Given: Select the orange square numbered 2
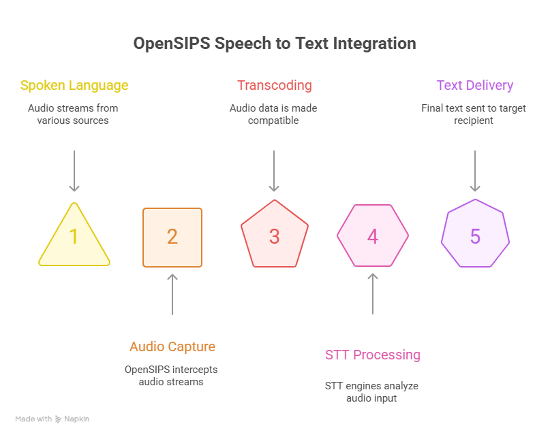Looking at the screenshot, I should [x=172, y=237].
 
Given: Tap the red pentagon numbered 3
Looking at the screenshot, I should [x=274, y=236].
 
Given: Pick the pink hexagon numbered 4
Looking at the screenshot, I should [x=373, y=236].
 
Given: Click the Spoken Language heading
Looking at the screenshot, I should [x=74, y=86].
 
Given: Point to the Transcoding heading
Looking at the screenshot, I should [x=274, y=86].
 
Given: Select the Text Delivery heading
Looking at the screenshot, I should [x=474, y=86].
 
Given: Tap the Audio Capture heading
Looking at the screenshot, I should [x=172, y=346].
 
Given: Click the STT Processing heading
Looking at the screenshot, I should [x=373, y=355].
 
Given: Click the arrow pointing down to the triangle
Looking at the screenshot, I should [x=74, y=171].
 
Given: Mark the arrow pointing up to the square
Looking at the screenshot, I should [x=172, y=294].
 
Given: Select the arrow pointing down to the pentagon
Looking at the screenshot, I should [x=274, y=171].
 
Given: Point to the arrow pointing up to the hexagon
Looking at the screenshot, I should [x=373, y=294].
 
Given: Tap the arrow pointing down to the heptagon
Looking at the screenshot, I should [x=475, y=171].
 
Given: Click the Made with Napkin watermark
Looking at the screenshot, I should [x=52, y=419].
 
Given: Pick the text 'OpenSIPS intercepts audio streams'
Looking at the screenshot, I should [x=172, y=375].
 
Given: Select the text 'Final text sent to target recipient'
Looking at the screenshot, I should [x=474, y=114].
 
